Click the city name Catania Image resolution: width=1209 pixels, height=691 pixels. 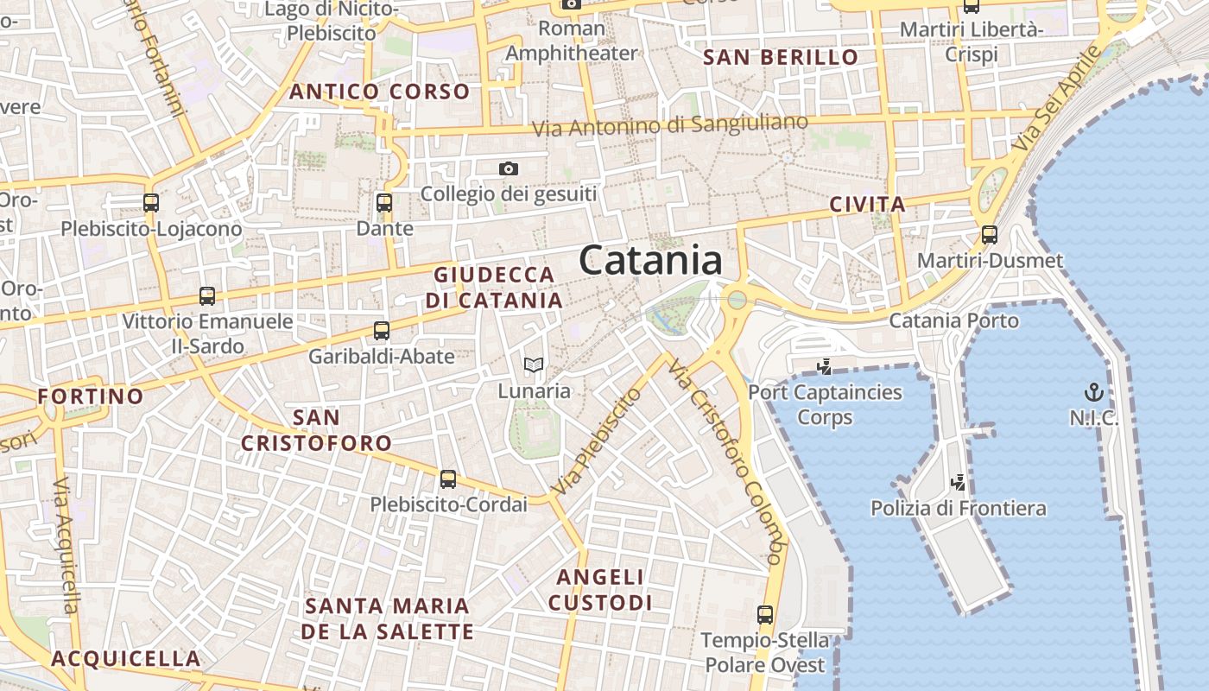pos(650,259)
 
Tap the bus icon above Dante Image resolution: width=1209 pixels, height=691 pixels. pos(384,203)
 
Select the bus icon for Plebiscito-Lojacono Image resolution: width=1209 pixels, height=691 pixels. pos(151,203)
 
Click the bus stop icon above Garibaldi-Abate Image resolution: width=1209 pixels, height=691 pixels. pos(382,330)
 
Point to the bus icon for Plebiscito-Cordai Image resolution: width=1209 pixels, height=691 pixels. pos(447,479)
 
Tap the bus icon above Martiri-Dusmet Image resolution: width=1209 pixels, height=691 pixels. pos(990,234)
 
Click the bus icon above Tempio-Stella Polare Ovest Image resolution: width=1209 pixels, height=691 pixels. pos(765,614)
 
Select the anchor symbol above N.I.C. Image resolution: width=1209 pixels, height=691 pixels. pos(1094,392)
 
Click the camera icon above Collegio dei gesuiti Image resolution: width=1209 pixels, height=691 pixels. pos(509,168)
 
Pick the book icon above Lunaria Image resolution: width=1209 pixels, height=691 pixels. pos(534,365)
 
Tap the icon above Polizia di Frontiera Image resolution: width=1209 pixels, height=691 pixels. pos(958,481)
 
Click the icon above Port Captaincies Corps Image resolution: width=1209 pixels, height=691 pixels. pos(824,366)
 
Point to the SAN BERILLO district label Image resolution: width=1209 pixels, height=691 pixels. pos(781,58)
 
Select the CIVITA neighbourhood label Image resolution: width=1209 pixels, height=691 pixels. pos(867,205)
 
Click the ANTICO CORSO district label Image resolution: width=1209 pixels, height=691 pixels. pos(380,92)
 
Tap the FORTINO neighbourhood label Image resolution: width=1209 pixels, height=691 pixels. pos(91,396)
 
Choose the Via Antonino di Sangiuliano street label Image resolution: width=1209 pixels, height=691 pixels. pos(670,125)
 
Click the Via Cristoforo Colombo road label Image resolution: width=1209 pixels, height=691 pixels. pos(725,462)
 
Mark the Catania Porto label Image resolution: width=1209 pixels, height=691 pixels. pos(953,320)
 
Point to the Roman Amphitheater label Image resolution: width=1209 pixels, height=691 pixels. pos(571,41)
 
